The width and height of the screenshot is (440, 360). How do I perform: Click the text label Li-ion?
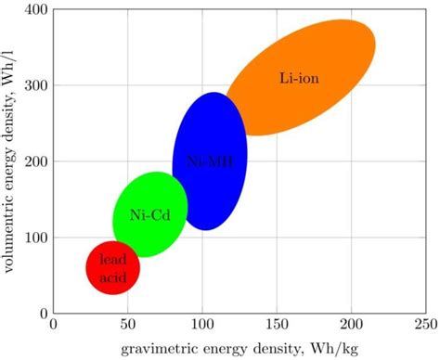tap(299, 79)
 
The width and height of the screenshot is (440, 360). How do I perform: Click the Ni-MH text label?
tap(210, 161)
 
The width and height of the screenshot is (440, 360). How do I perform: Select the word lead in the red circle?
tap(113, 260)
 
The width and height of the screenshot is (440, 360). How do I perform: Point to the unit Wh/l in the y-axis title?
tap(11, 66)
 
